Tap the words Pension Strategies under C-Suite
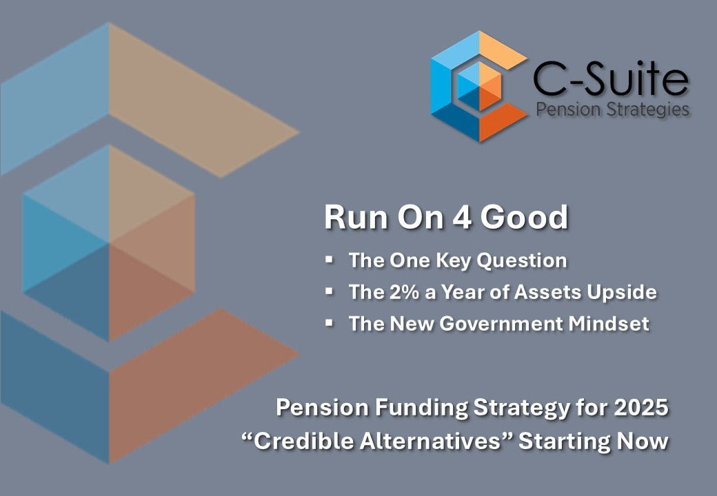coord(613,110)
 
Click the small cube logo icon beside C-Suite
coord(478,86)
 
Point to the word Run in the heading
coord(356,218)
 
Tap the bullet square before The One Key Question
coord(330,260)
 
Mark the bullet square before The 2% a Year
coord(330,291)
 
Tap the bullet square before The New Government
coord(330,322)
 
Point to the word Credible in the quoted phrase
coord(303,441)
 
